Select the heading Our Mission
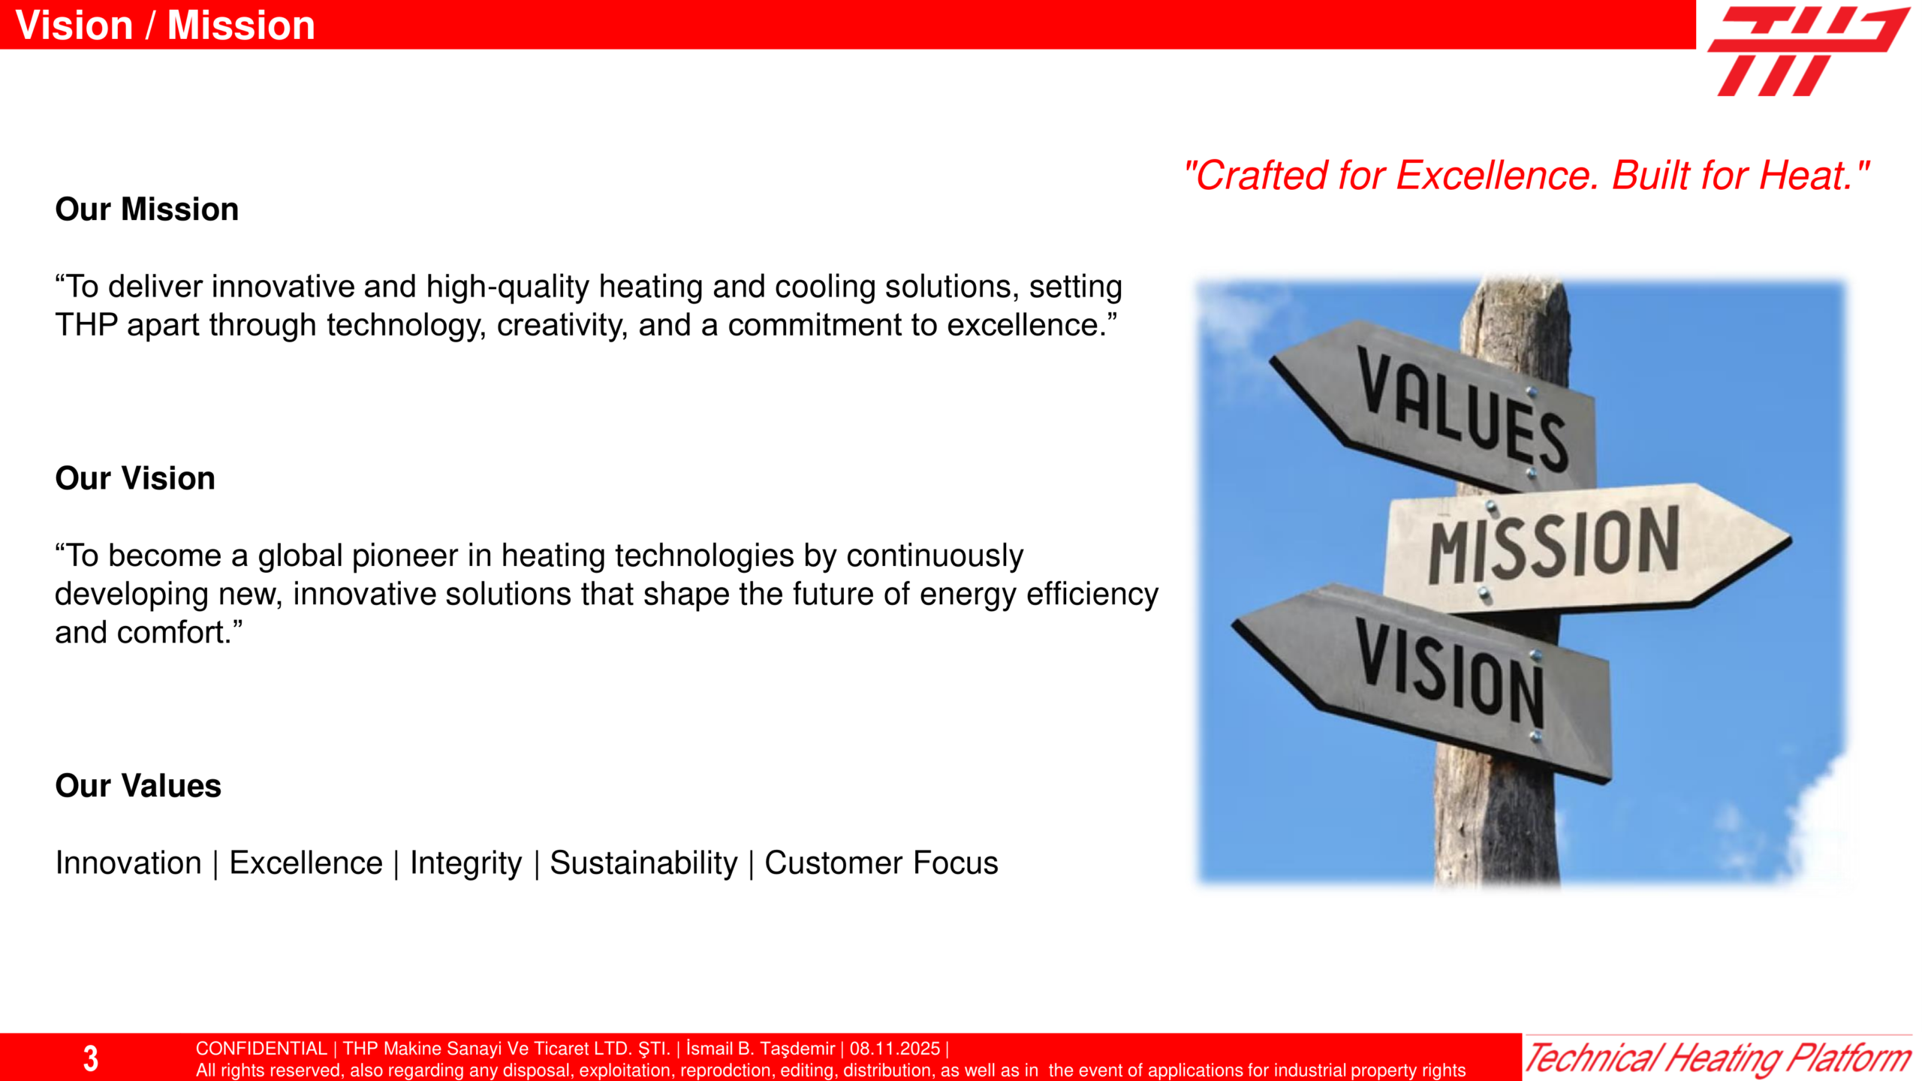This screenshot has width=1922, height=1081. pos(147,209)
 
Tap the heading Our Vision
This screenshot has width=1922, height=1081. pos(135,478)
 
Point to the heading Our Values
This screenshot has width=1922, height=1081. pos(138,786)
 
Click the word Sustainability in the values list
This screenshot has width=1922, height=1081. pos(643,863)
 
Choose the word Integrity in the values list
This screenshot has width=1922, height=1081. pos(465,863)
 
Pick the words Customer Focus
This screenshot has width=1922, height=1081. pos(881,863)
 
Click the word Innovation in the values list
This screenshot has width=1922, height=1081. pos(128,863)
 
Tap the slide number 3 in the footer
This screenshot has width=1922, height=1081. pos(91,1058)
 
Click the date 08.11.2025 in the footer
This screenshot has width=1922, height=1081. pos(895,1049)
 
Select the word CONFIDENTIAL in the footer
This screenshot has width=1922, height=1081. pos(261,1049)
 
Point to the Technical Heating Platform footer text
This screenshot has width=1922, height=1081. pos(1718,1058)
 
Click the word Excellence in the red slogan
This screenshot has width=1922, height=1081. pos(1497,176)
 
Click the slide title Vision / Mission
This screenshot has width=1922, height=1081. pos(165,26)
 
